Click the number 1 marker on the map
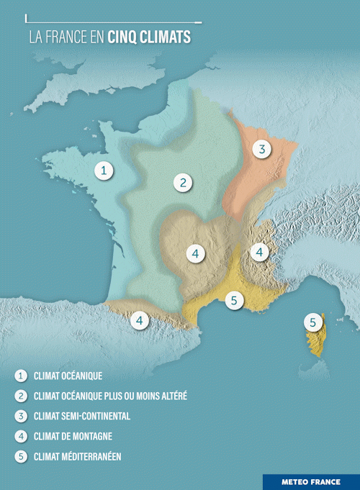coord(105,171)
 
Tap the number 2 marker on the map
coord(184,182)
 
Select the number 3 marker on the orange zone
coord(262,150)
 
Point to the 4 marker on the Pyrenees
coord(140,320)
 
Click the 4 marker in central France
coord(194,254)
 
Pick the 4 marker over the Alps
coord(259,253)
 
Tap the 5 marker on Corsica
coord(312,323)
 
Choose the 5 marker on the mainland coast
coord(234,301)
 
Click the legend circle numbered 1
coord(21,376)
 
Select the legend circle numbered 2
coord(21,396)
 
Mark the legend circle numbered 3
coord(21,416)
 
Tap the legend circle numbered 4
coord(21,436)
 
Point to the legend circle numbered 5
coord(21,456)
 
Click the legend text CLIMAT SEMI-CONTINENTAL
coord(81,416)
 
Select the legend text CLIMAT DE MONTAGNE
coord(73,436)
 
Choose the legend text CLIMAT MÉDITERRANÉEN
coord(77,456)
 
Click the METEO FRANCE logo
coord(310,482)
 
